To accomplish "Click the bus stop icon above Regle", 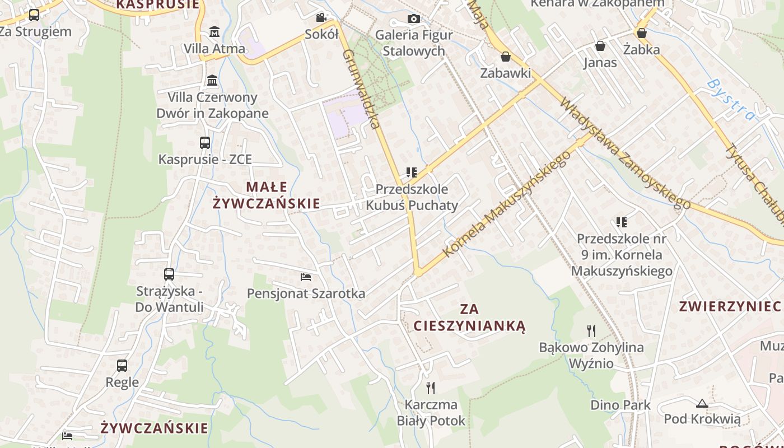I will pos(122,366).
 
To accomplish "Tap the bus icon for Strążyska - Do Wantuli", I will pos(169,274).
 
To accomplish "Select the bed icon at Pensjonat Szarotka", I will pos(306,277).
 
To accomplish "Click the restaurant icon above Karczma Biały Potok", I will pos(431,388).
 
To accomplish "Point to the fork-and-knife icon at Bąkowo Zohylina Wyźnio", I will pos(591,330).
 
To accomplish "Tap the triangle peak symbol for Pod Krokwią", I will pos(702,403).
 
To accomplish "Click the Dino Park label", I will pos(620,405).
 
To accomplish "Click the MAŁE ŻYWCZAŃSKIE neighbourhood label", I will pos(267,195).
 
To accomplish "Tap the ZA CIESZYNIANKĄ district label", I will pos(469,317).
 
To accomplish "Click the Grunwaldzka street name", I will pos(361,90).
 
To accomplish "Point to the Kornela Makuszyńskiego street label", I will pos(506,204).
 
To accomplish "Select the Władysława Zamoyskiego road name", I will pos(624,154).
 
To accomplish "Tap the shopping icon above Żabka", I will pos(642,34).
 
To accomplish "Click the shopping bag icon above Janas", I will pos(600,46).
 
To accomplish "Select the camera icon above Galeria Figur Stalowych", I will pos(414,19).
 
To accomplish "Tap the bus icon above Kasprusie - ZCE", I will pos(205,143).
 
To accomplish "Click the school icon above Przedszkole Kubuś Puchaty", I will pos(412,172).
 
